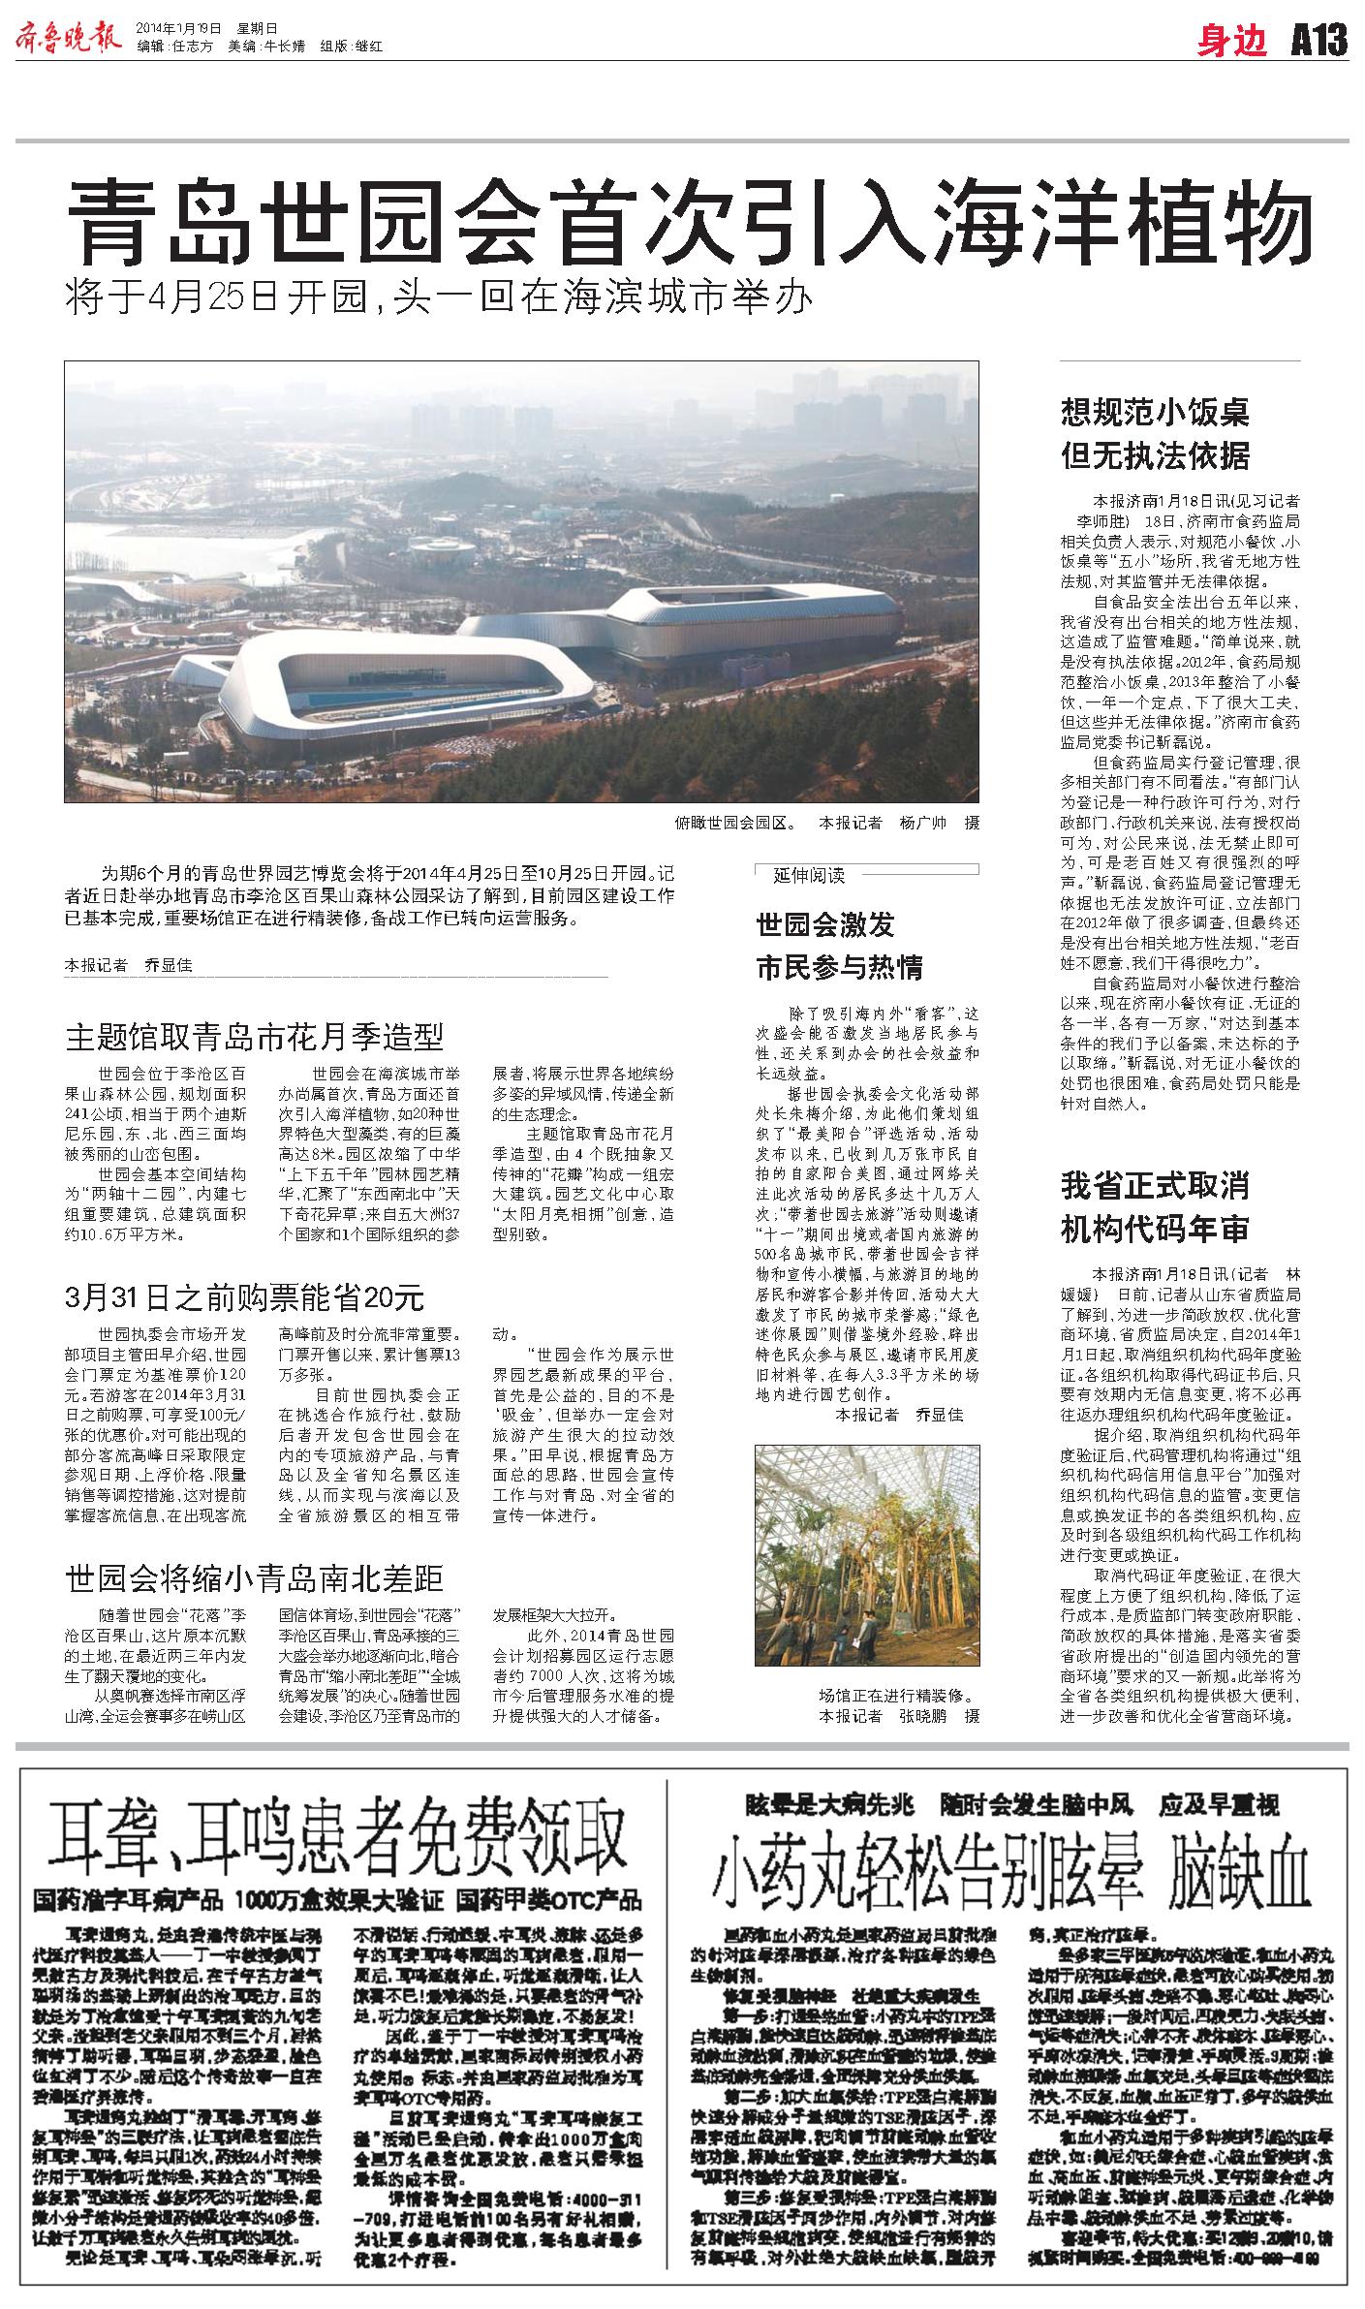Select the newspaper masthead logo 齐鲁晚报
tap(68, 39)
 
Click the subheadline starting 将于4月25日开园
tap(436, 298)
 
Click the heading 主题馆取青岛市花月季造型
tap(255, 1037)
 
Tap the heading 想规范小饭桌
tap(1155, 413)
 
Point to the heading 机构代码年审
tap(1155, 1230)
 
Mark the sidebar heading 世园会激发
tap(824, 924)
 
